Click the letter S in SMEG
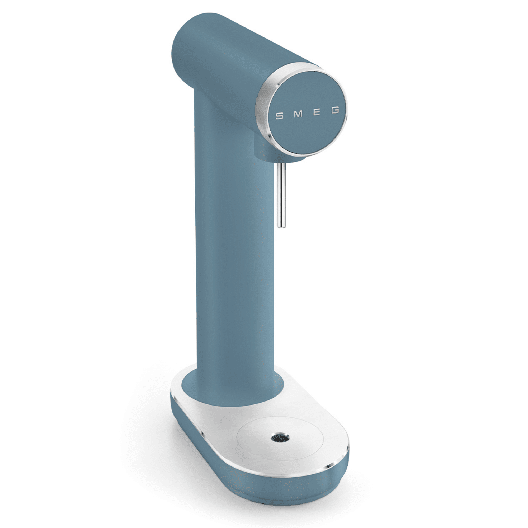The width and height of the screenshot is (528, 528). coord(279,116)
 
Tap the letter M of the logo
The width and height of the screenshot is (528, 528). coord(298,114)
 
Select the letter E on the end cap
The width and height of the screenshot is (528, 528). coord(317,112)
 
